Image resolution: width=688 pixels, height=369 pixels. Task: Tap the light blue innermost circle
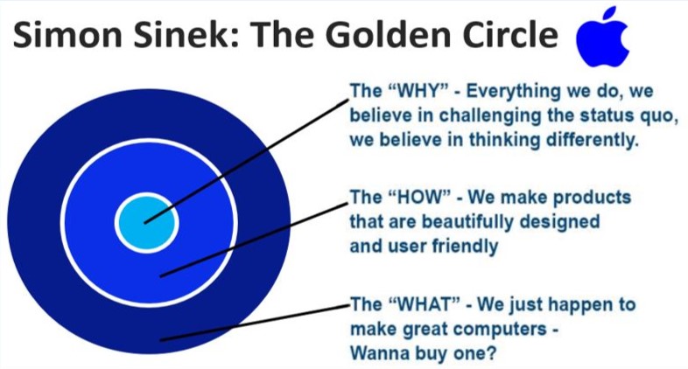point(147,223)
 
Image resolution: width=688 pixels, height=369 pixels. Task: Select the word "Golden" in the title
point(389,35)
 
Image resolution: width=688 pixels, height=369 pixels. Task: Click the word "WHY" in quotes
point(418,91)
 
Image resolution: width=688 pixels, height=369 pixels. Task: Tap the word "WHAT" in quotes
point(425,304)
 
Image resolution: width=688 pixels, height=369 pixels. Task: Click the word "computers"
point(498,330)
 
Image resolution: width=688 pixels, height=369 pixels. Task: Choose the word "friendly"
point(465,247)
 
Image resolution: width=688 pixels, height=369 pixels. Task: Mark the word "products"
point(592,198)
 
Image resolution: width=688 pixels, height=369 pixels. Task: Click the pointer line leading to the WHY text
point(247,161)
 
